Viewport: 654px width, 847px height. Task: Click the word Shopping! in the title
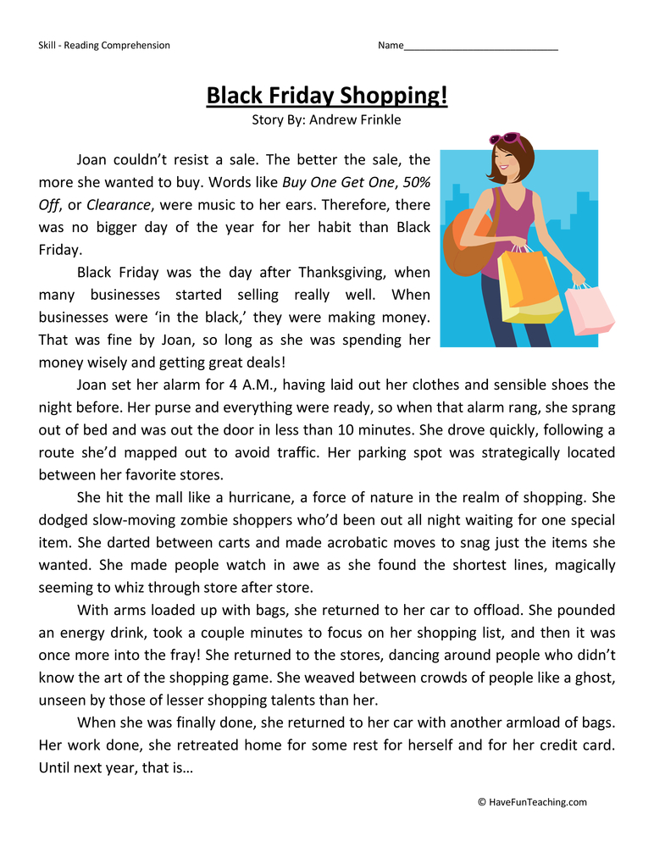pos(393,96)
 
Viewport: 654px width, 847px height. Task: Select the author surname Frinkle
pos(374,120)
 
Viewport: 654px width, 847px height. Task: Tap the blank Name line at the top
pos(480,46)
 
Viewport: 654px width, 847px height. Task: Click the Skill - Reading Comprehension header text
pos(104,46)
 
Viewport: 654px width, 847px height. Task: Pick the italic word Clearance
pos(118,205)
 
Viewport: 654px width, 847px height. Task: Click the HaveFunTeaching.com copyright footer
pos(531,802)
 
